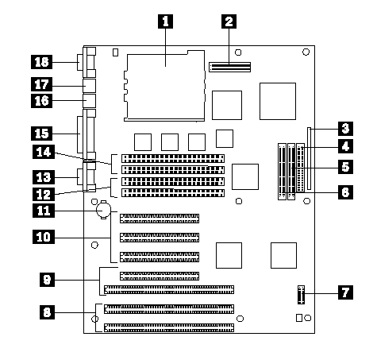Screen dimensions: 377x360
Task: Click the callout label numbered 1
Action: (x=165, y=21)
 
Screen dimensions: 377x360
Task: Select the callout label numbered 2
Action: (x=229, y=21)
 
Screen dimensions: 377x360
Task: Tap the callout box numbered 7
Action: (x=345, y=292)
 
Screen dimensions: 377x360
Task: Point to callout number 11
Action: (x=44, y=211)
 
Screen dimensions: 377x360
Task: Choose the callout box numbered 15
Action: (x=42, y=134)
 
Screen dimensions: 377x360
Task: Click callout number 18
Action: (x=42, y=62)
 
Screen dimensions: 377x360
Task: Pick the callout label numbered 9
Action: (x=47, y=280)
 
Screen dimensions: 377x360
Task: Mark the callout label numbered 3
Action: (x=345, y=129)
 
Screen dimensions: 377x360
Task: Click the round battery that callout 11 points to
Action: (x=103, y=210)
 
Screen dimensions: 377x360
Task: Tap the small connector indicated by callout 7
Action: (x=301, y=295)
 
